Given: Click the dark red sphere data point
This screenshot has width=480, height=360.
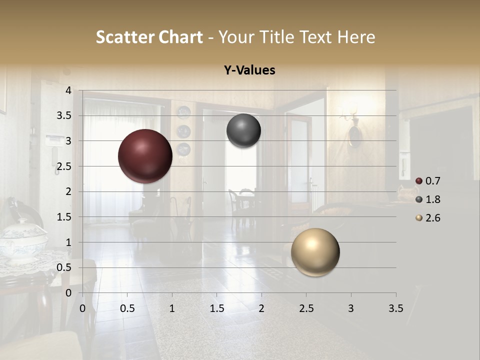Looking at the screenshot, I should (x=145, y=156).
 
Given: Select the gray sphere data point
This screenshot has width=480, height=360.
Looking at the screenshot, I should (x=243, y=130).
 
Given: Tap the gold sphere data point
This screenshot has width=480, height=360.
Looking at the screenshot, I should (x=315, y=252).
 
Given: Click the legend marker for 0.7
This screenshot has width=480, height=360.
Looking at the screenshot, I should (x=419, y=181).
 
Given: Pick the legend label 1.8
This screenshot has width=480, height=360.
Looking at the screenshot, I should (x=433, y=199).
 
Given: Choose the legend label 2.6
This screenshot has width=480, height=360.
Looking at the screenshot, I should (x=433, y=218).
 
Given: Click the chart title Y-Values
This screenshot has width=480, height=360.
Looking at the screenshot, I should (x=249, y=70).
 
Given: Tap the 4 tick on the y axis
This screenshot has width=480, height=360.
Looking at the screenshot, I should (x=68, y=90).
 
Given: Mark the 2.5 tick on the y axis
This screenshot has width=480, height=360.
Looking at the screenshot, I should (x=63, y=166).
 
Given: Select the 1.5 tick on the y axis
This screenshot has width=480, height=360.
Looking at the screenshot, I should (x=63, y=217).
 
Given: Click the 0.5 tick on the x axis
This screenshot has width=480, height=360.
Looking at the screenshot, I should (x=127, y=308).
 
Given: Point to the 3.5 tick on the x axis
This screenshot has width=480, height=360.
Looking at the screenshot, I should (x=395, y=308).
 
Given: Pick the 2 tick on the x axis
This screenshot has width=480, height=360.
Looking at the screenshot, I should (x=261, y=308).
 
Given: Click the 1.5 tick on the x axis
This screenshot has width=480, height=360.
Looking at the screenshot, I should (x=216, y=308).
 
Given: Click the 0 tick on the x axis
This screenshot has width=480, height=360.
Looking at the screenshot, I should (x=82, y=308).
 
